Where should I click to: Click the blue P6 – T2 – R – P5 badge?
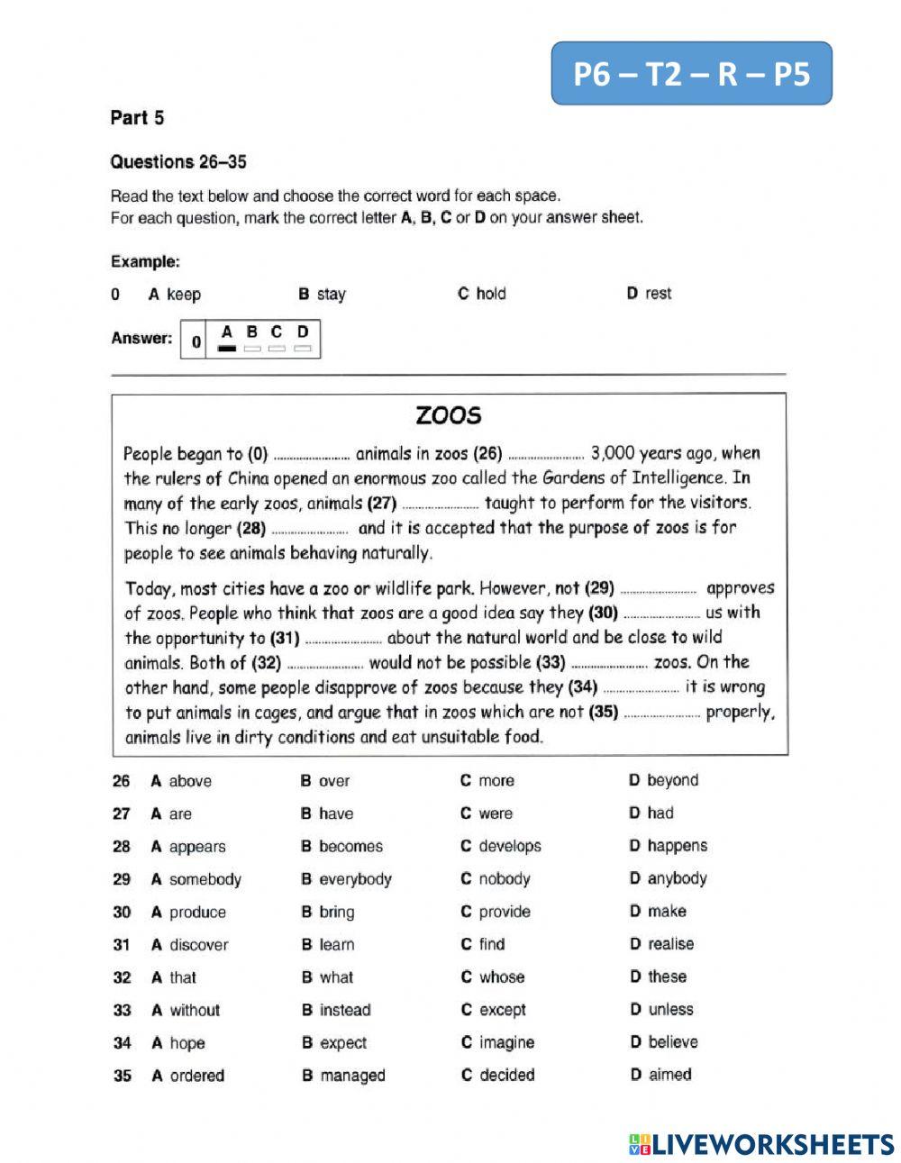pos(691,73)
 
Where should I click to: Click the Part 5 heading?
pos(137,118)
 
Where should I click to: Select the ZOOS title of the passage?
pos(449,415)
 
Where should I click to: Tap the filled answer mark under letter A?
pos(227,348)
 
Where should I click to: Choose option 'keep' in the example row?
pos(183,295)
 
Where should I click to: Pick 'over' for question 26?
pos(333,781)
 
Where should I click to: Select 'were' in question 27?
pos(495,813)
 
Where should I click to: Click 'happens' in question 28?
pos(677,846)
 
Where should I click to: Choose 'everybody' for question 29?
pos(355,879)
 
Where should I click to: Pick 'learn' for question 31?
pos(336,945)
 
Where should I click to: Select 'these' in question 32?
pos(667,977)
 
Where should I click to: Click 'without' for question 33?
pos(194,1010)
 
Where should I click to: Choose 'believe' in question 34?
pos(672,1042)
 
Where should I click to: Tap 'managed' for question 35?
pos(351,1076)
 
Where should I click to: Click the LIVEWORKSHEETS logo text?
pos(772,1144)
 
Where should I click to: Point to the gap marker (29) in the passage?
pos(599,588)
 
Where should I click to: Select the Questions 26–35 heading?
pos(177,162)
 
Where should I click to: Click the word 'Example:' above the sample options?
pos(145,262)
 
